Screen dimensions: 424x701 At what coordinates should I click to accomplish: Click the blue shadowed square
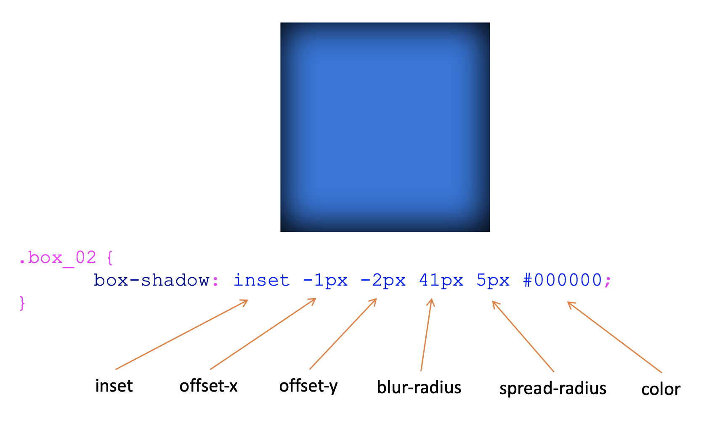385,127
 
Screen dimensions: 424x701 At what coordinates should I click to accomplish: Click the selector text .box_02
58,257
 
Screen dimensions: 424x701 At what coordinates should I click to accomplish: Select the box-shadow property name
151,280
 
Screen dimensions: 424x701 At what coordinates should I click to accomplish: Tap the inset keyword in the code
261,280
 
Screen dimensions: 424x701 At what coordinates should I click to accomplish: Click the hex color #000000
563,280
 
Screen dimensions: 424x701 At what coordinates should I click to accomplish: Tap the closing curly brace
22,303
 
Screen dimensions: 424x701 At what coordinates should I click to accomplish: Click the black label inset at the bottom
114,386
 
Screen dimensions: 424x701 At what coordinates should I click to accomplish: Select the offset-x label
208,386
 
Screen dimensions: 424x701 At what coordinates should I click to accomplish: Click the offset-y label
308,386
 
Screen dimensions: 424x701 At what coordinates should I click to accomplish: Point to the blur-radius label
419,387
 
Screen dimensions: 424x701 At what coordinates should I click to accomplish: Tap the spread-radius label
552,389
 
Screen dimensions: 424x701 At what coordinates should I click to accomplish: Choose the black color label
661,390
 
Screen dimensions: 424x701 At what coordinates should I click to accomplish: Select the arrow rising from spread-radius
523,337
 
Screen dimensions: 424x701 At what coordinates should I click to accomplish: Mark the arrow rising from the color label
614,337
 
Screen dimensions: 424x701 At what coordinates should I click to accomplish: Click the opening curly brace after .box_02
110,257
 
